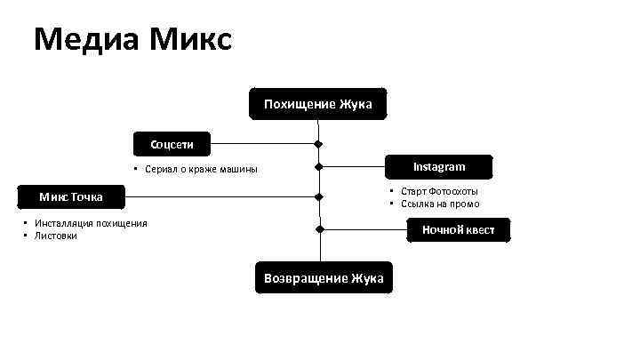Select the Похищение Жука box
coord(317,105)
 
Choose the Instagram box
coord(439,167)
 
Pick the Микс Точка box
coord(71,196)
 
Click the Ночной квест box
coord(460,230)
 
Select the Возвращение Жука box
coord(324,278)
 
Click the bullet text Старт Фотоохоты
coord(439,191)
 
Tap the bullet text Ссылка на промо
coord(440,204)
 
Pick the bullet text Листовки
coord(56,236)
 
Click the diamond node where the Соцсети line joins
coord(318,142)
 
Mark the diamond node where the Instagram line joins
coord(318,167)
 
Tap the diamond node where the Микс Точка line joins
coord(318,196)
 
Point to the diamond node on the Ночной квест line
coord(318,229)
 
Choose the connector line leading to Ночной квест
coord(364,229)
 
